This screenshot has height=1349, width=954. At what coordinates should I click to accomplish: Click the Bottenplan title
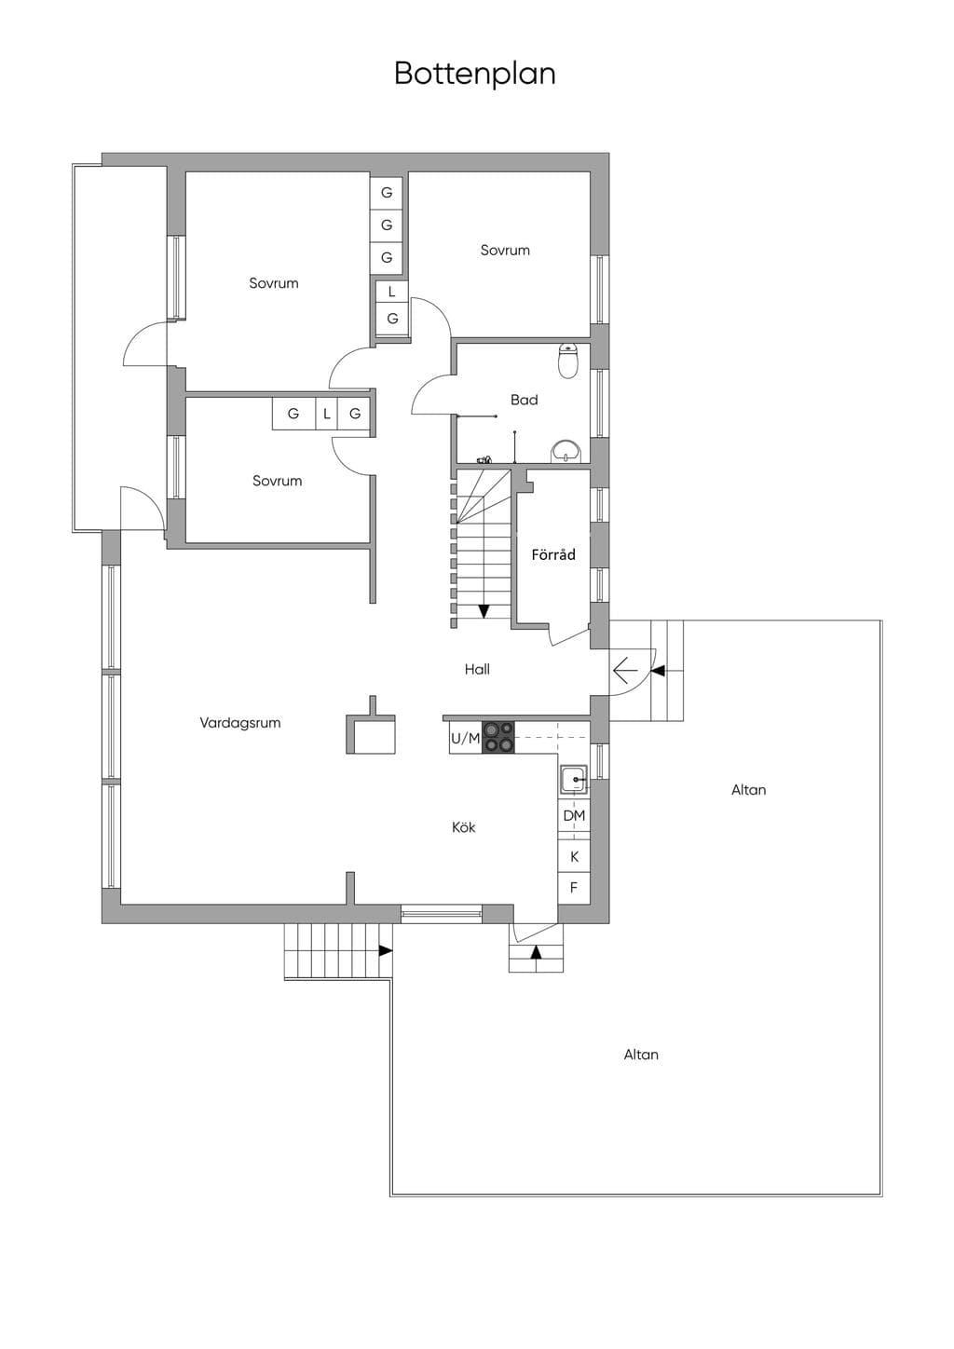pyautogui.click(x=474, y=74)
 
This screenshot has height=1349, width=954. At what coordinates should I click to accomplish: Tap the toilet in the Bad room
pyautogui.click(x=568, y=361)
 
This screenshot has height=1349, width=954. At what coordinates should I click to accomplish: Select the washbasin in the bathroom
pyautogui.click(x=566, y=452)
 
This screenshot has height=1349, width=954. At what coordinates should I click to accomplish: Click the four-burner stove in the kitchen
pyautogui.click(x=498, y=737)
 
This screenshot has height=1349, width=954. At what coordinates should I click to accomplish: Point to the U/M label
pyautogui.click(x=466, y=739)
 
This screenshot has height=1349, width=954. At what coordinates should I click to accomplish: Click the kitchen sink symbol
pyautogui.click(x=574, y=780)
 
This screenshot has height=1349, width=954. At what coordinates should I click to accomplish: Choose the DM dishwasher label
pyautogui.click(x=574, y=815)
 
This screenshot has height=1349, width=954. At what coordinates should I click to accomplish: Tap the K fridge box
pyautogui.click(x=574, y=856)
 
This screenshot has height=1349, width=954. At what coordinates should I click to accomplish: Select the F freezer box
pyautogui.click(x=574, y=887)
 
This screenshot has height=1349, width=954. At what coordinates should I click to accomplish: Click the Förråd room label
pyautogui.click(x=552, y=554)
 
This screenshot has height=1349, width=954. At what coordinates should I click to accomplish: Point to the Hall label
pyautogui.click(x=477, y=669)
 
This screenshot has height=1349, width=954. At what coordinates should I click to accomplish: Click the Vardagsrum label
pyautogui.click(x=240, y=723)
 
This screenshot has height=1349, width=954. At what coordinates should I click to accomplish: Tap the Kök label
pyautogui.click(x=464, y=827)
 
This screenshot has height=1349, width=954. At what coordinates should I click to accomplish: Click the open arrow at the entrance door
pyautogui.click(x=625, y=670)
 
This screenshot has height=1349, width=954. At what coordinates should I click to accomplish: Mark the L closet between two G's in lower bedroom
pyautogui.click(x=327, y=414)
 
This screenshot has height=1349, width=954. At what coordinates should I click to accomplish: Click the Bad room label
pyautogui.click(x=524, y=400)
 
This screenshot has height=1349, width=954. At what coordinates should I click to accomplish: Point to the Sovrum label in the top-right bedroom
pyautogui.click(x=505, y=250)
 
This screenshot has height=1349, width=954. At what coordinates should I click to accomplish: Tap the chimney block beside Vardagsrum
pyautogui.click(x=371, y=729)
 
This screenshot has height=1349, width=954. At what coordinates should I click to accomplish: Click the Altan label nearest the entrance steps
pyautogui.click(x=749, y=789)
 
